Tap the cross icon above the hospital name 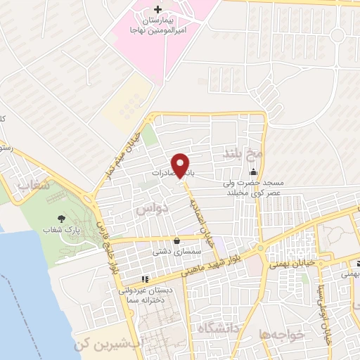coord(157,10)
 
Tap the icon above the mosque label coord(253,173)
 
